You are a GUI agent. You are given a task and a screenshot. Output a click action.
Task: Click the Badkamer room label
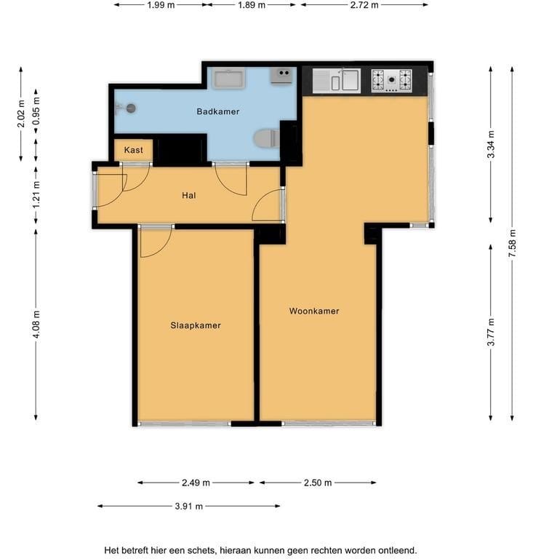218,111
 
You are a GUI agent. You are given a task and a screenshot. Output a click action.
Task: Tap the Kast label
134,150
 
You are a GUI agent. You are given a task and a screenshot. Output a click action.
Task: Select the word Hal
189,195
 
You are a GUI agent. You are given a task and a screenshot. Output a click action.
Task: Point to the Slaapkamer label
196,325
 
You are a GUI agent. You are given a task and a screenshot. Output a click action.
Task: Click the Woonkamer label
314,312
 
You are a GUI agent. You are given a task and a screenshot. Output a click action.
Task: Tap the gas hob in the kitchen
392,81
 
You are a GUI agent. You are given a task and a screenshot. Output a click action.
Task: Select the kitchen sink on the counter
337,81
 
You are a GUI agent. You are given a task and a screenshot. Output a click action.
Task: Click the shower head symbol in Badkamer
129,108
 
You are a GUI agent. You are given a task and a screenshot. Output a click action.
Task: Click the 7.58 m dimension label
512,244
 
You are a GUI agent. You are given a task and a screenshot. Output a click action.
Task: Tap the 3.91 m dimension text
189,506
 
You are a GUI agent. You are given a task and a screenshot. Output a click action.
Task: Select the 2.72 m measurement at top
364,5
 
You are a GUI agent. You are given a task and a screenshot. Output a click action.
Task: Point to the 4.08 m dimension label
36,325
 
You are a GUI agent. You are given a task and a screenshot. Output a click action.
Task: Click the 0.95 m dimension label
36,111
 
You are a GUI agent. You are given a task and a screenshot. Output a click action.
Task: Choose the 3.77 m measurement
491,332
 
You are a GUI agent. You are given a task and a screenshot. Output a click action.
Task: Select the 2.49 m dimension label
196,483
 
